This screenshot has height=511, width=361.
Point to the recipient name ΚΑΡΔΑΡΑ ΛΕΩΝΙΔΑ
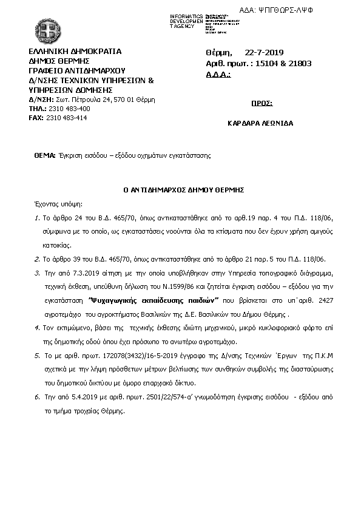(x=260, y=123)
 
